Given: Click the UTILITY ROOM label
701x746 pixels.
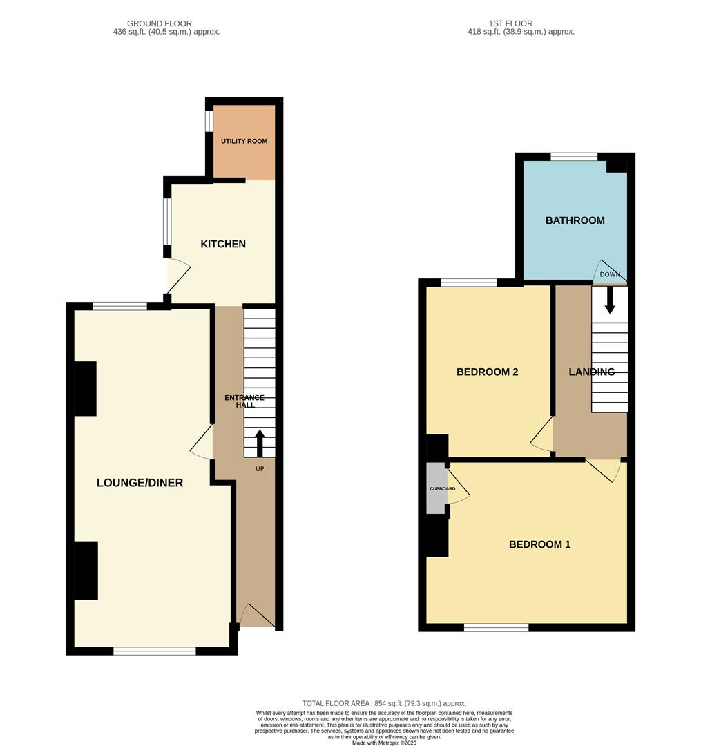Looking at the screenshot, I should (244, 141).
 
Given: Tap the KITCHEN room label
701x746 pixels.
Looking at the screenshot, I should (223, 244).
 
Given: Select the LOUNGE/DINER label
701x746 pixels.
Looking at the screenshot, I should (140, 483).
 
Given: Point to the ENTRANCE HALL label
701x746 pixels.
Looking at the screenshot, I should (244, 401).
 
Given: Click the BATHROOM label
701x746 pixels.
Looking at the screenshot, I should (575, 220).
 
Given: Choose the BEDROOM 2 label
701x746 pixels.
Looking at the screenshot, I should (487, 372).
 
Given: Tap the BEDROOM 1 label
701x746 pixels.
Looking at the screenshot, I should (539, 544).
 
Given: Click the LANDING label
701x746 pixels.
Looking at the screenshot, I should (591, 372).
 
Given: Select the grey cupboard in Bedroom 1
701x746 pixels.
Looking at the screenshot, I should (436, 488).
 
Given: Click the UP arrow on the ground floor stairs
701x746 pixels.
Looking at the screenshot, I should (260, 443).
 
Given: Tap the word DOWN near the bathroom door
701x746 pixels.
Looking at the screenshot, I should (610, 274).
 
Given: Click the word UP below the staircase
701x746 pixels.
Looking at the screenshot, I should (260, 468).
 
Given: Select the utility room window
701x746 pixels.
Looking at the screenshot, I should (209, 120).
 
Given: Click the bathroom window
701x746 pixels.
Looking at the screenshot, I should (574, 157).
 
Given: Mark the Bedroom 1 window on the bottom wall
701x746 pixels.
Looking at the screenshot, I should (496, 627).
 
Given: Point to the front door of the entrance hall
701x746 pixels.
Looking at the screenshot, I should (257, 615).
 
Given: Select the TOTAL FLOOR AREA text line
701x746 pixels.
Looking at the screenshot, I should (384, 703).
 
